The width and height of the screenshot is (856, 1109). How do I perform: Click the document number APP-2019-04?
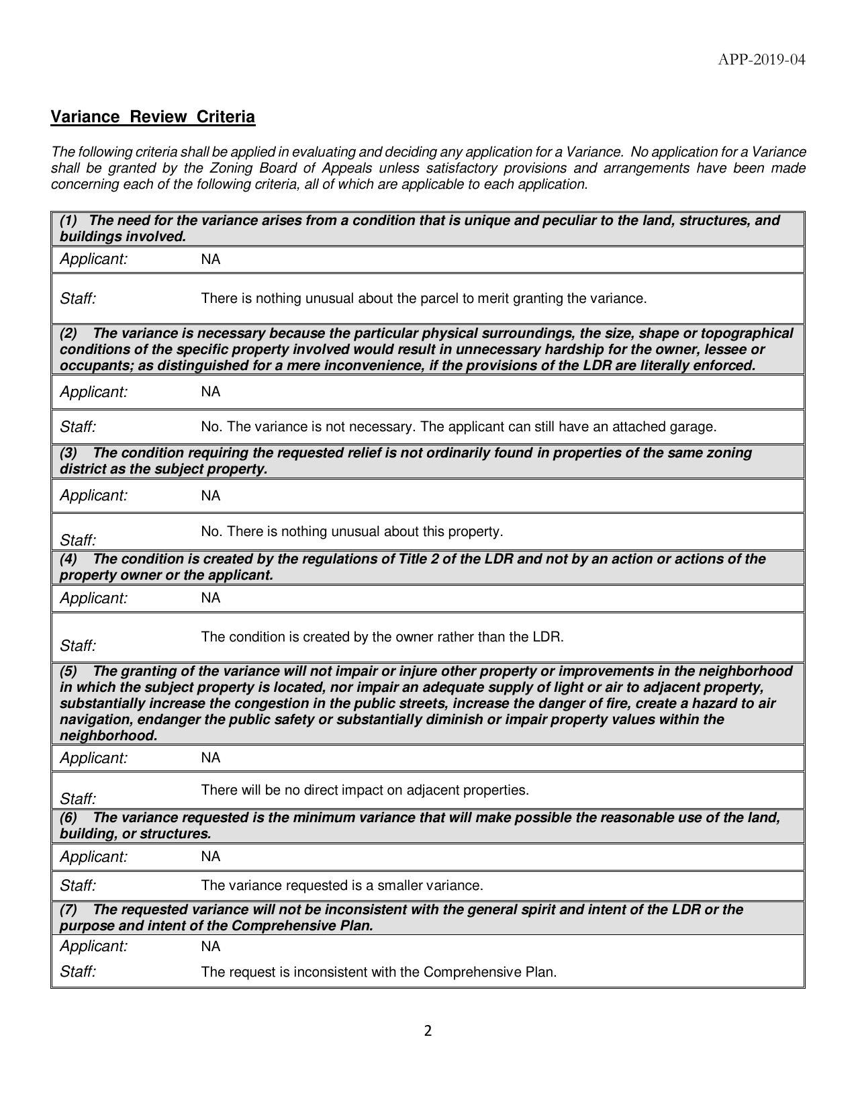click(x=761, y=60)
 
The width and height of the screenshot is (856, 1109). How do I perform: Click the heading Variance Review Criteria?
click(x=153, y=117)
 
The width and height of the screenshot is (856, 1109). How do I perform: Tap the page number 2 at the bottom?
click(x=428, y=1031)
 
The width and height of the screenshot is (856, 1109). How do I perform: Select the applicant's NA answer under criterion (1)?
click(x=210, y=259)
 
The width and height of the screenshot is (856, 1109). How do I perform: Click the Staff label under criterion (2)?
click(x=78, y=427)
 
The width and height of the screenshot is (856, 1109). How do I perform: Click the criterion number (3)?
click(x=68, y=453)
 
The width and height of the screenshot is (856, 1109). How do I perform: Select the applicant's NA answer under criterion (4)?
click(x=210, y=598)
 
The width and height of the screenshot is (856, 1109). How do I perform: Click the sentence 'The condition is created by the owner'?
click(x=382, y=637)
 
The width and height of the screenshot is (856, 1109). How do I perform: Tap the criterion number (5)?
click(x=68, y=671)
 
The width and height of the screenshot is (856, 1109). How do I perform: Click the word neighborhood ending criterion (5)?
click(x=108, y=736)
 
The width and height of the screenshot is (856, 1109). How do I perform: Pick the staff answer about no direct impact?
click(x=365, y=790)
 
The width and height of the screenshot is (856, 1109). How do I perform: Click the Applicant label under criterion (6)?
click(x=93, y=856)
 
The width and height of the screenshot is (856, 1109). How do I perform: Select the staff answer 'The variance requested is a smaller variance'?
click(x=342, y=885)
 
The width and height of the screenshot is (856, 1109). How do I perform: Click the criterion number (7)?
click(x=68, y=910)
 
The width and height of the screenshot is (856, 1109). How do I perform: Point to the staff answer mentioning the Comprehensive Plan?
click(x=379, y=972)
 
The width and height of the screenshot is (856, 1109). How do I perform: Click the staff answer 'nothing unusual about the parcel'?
click(x=424, y=298)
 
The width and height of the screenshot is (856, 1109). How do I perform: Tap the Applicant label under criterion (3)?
click(x=93, y=496)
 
